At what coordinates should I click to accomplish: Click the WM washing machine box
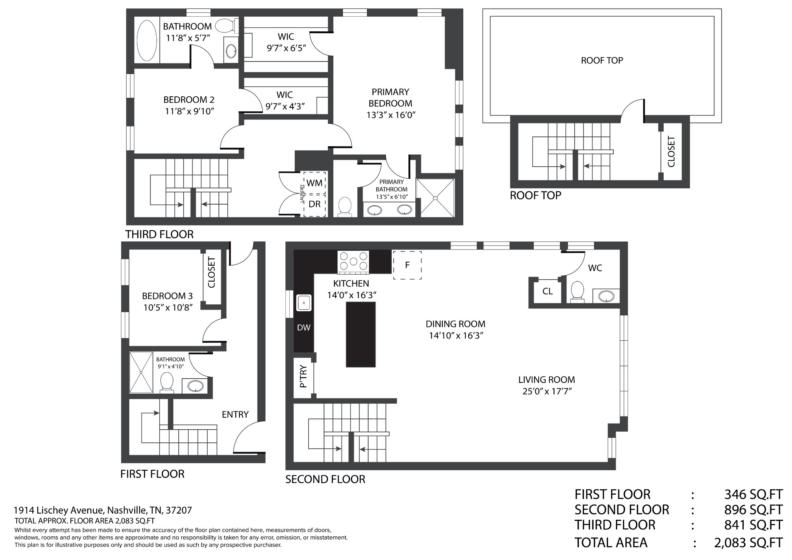314,183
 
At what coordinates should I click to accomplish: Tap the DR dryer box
314,205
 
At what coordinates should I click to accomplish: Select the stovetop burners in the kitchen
353,261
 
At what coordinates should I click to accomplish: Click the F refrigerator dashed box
407,265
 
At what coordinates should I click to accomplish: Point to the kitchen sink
304,303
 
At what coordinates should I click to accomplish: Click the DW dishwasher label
304,328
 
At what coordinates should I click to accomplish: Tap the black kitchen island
361,334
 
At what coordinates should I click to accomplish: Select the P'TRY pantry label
303,376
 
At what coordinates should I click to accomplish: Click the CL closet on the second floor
548,291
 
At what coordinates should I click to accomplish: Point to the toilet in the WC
577,291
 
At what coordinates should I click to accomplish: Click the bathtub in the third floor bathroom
146,40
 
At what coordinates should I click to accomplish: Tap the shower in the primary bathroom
435,198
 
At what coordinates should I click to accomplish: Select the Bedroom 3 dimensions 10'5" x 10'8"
167,307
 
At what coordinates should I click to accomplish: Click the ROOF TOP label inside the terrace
602,60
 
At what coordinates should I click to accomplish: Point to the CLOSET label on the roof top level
671,152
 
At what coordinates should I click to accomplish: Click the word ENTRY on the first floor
235,414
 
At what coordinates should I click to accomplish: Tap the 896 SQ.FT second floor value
753,510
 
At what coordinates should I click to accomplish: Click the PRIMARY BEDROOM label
390,97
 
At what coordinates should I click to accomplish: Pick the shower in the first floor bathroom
141,372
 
